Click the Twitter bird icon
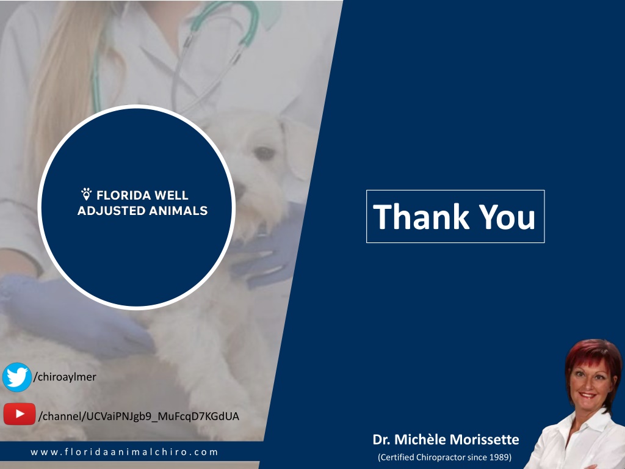pos(17,377)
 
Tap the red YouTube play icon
pos(20,414)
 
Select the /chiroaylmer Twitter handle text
pos(65,377)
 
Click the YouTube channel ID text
pos(139,416)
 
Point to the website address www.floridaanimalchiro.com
pos(125,452)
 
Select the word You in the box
pos(507,217)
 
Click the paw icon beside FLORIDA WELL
pos(87,194)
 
